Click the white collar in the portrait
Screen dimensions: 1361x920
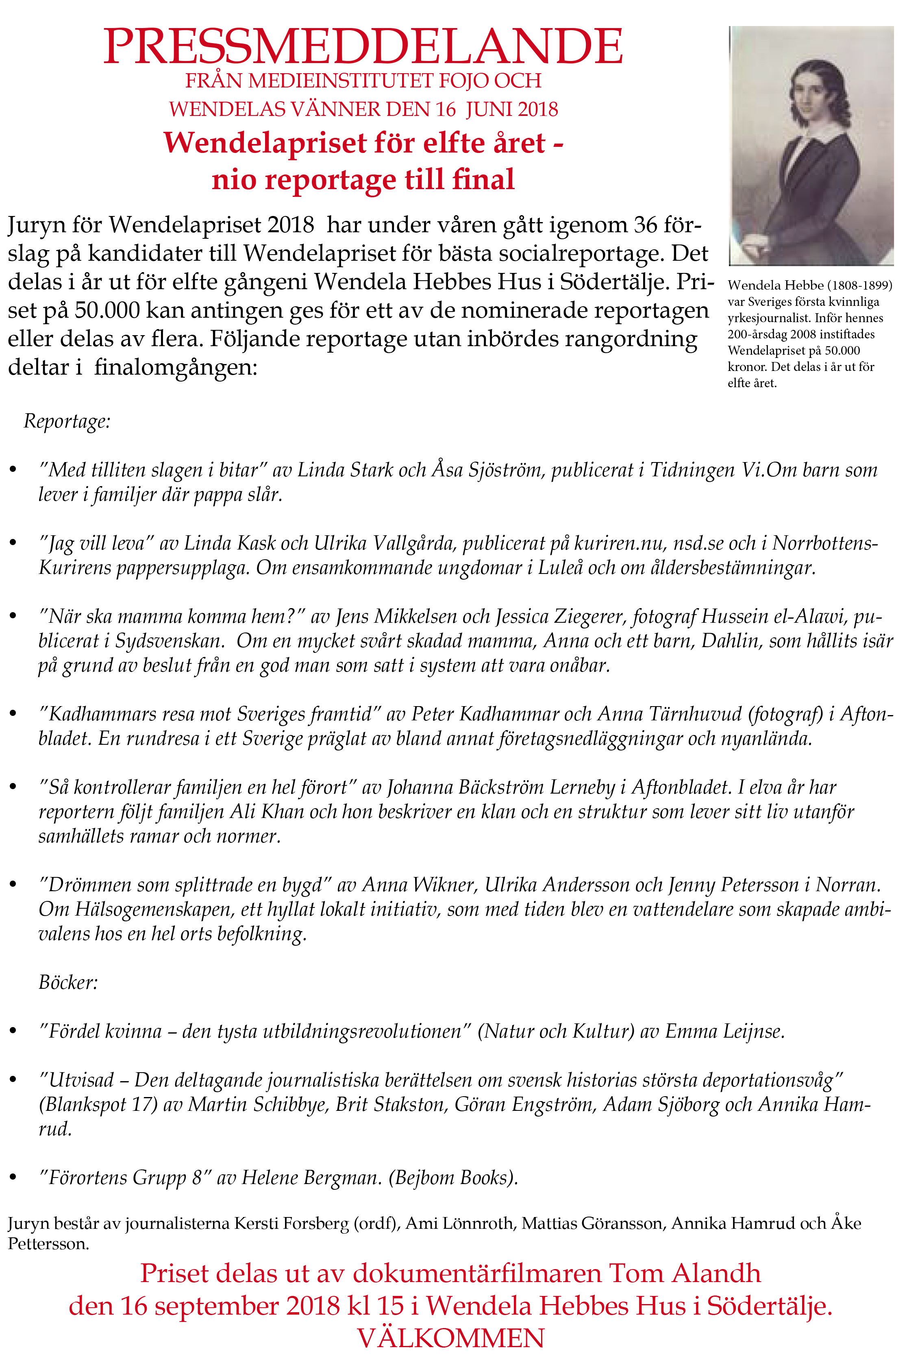tap(819, 141)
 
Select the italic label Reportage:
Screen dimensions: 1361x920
tap(67, 421)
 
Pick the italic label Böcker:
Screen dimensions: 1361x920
tap(68, 982)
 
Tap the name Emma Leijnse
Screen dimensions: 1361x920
tap(724, 1031)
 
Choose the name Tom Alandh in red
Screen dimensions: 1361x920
tap(685, 1273)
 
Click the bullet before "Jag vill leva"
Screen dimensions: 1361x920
tap(13, 543)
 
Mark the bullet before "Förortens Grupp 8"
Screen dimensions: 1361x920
tap(13, 1177)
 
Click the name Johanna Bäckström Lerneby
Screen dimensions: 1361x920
tap(500, 787)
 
